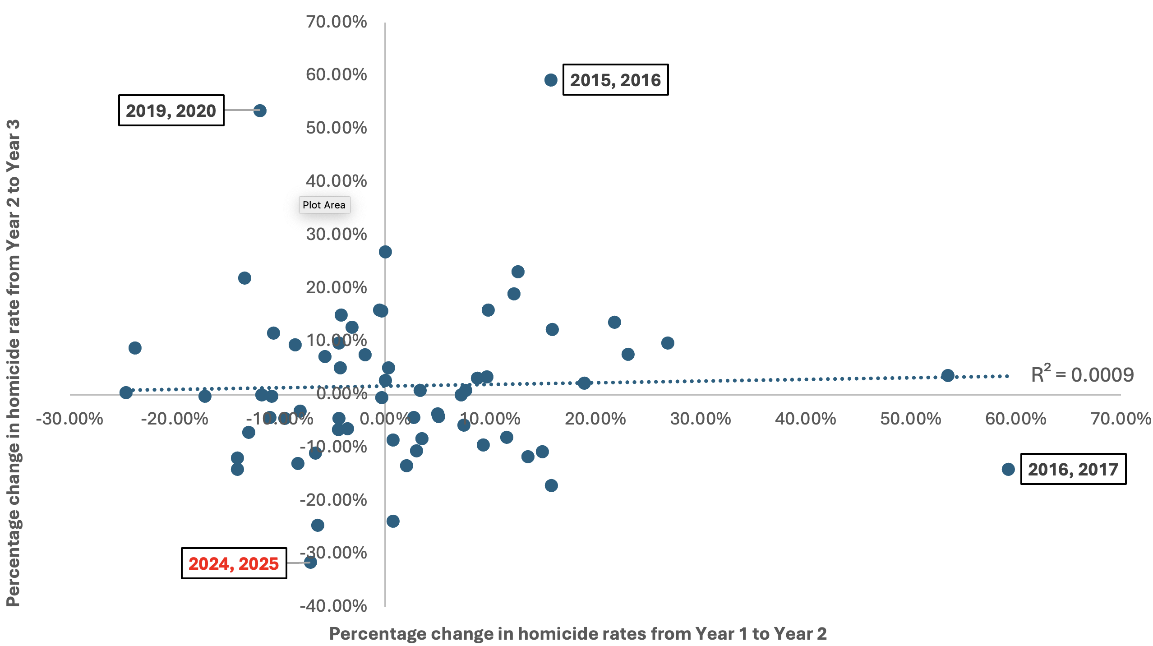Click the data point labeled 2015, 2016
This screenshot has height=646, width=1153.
click(550, 80)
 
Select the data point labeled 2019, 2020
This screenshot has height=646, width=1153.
click(259, 111)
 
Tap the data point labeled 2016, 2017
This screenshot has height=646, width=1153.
click(1008, 469)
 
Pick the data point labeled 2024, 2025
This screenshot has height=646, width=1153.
click(310, 562)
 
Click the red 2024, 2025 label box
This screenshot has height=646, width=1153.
click(234, 563)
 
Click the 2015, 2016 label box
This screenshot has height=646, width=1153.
click(615, 80)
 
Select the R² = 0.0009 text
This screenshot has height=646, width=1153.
click(1082, 374)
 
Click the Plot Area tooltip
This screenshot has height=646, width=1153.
click(324, 205)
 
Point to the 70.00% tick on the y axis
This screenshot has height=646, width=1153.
click(336, 22)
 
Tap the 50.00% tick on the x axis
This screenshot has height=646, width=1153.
click(910, 419)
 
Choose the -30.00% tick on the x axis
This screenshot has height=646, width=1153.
click(69, 419)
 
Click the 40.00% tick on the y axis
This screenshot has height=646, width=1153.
click(336, 181)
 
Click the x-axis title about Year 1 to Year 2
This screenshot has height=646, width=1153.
click(577, 633)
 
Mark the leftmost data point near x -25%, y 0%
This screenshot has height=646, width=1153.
click(126, 392)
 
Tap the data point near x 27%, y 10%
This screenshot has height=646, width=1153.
click(668, 343)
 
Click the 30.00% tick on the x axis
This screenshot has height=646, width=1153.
click(700, 419)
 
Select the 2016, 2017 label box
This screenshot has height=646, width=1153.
click(1073, 469)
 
